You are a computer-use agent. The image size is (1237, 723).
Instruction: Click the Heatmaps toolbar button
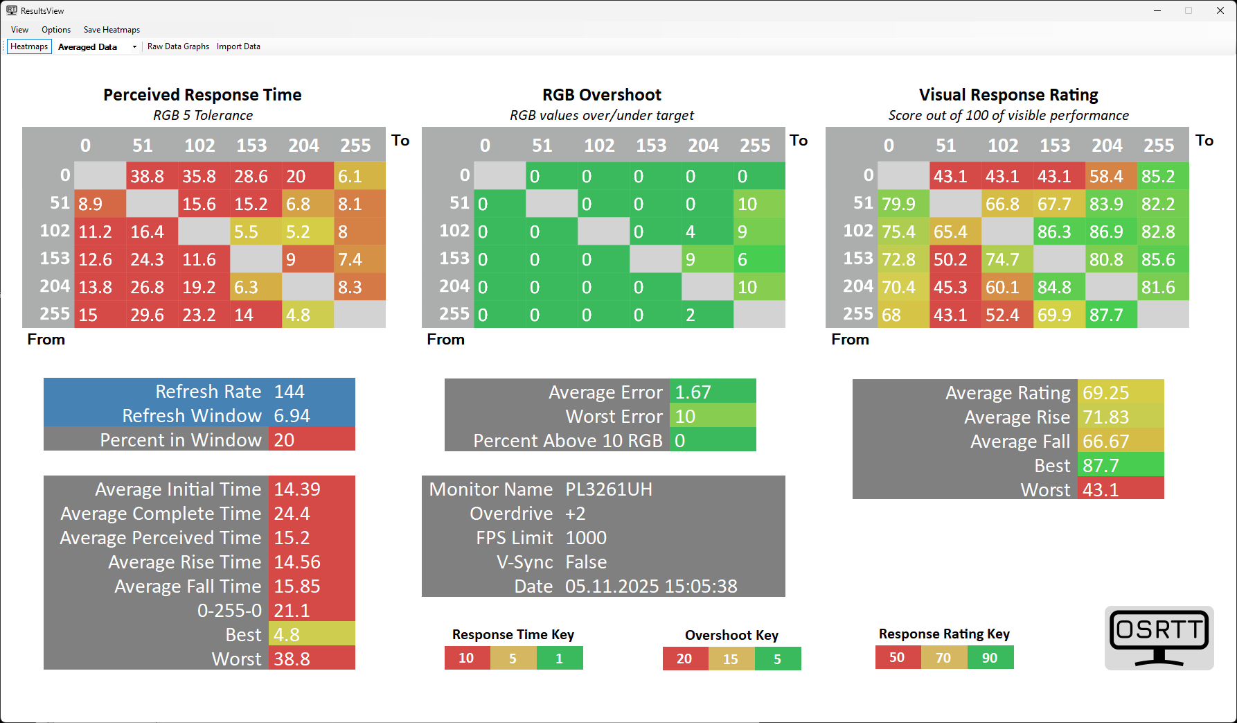click(x=29, y=46)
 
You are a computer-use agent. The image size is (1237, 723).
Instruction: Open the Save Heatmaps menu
click(x=112, y=30)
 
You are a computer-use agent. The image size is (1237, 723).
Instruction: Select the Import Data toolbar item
click(x=238, y=46)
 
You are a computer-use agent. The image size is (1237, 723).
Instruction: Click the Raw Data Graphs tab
click(x=178, y=46)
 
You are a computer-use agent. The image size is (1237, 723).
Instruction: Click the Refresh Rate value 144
click(x=290, y=392)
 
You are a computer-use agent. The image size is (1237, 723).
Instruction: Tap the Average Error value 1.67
click(x=693, y=392)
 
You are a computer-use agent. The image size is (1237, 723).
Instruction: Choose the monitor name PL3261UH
click(x=609, y=489)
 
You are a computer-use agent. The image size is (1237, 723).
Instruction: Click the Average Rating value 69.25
click(x=1106, y=393)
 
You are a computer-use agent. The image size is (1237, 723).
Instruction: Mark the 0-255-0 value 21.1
click(x=292, y=611)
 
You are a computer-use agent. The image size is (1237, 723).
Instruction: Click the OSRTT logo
click(x=1159, y=638)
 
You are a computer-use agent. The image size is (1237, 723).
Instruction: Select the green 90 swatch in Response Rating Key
click(x=990, y=658)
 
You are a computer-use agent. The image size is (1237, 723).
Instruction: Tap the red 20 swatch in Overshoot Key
click(x=685, y=659)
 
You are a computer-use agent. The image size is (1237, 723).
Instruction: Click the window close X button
click(x=1220, y=10)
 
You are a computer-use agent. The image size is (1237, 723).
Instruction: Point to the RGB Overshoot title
click(x=602, y=95)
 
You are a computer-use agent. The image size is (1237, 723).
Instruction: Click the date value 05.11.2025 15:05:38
click(x=651, y=586)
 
